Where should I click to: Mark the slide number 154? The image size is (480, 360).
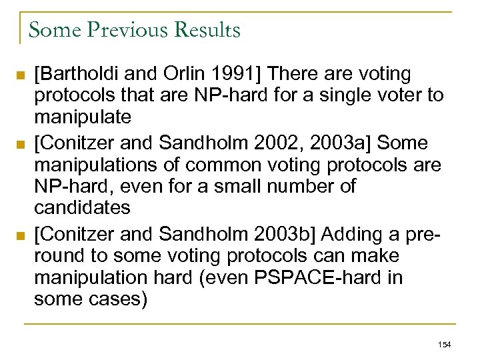tap(445, 344)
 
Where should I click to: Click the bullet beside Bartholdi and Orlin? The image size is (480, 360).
tap(23, 74)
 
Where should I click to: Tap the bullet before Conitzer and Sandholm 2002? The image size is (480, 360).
tap(23, 143)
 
